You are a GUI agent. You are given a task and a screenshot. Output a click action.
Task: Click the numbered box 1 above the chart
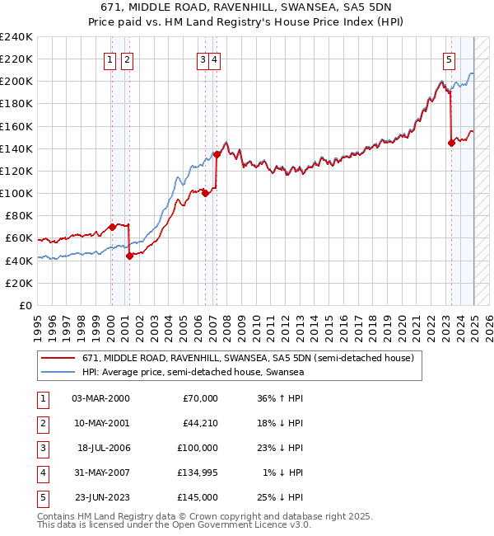[110, 59]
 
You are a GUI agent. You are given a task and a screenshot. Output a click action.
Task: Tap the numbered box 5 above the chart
[449, 59]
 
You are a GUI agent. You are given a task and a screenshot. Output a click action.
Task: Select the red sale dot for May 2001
[129, 256]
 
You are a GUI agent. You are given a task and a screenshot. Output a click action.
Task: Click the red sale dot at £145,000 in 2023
[451, 143]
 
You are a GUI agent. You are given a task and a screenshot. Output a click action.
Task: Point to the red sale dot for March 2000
[112, 227]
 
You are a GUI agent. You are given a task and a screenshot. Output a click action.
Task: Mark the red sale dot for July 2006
[205, 194]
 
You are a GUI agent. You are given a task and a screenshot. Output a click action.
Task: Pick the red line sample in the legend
[58, 359]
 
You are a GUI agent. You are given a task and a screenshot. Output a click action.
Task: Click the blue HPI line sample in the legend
[58, 373]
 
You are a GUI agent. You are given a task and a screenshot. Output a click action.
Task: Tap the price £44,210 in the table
[198, 423]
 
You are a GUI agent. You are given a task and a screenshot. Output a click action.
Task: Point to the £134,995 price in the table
[196, 473]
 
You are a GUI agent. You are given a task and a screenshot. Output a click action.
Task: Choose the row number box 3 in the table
[42, 448]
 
